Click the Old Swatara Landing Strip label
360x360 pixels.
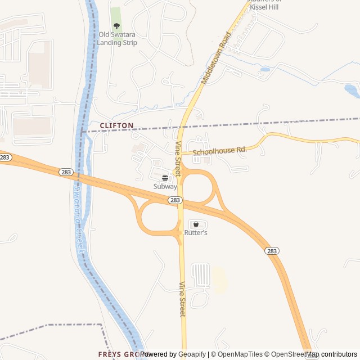[118, 38]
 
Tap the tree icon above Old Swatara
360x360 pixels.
[116, 26]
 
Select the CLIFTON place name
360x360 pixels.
[116, 125]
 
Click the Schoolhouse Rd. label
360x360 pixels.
[220, 151]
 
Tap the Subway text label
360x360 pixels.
[165, 186]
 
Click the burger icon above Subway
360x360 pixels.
[165, 177]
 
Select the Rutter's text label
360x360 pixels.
[196, 232]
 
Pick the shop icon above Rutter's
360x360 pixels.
[196, 224]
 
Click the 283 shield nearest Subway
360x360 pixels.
[175, 200]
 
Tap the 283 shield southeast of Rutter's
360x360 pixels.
[272, 251]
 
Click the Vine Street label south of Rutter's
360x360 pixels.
[182, 299]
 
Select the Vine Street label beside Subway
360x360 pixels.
[178, 159]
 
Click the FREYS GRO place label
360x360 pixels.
[118, 354]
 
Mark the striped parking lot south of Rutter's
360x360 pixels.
[200, 274]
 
